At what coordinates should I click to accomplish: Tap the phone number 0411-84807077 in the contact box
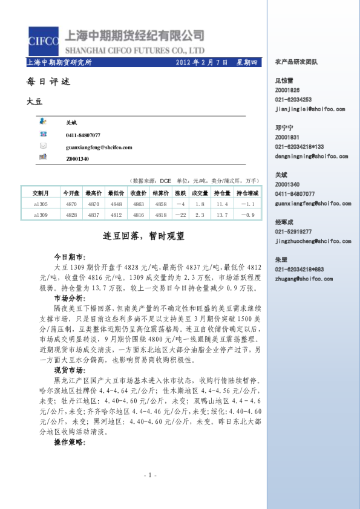[x=83, y=135]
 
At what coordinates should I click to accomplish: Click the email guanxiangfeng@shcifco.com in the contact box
[x=99, y=147]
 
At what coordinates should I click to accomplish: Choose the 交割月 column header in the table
[x=41, y=193]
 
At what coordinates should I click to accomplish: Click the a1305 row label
[x=41, y=204]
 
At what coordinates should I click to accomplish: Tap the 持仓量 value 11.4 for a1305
[x=222, y=204]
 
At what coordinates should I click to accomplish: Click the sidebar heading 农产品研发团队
[x=296, y=62]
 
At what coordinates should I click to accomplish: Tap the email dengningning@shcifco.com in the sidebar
[x=311, y=156]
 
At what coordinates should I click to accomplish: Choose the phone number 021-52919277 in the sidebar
[x=293, y=232]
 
